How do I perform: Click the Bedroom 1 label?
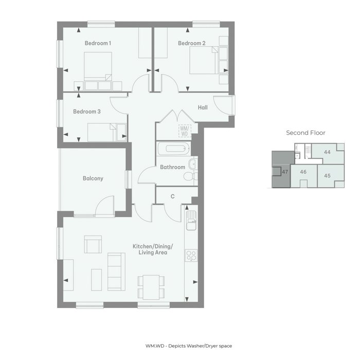click(x=98, y=43)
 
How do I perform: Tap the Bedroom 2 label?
click(x=192, y=43)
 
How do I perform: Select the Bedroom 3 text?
click(x=87, y=112)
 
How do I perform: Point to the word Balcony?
click(x=93, y=178)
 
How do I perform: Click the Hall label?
click(x=203, y=107)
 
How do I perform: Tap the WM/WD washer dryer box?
click(x=185, y=131)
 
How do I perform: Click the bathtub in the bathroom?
click(x=174, y=149)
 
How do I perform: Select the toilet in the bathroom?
click(x=191, y=176)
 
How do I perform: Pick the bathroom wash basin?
click(x=193, y=164)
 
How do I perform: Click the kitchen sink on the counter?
click(x=191, y=221)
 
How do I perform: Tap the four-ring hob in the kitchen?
click(x=191, y=256)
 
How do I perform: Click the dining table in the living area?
click(x=151, y=287)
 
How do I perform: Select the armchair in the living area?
click(x=93, y=244)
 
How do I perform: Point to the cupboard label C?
click(x=173, y=196)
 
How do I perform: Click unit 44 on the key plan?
click(x=327, y=152)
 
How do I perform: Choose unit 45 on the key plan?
click(x=327, y=176)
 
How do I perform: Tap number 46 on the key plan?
click(x=303, y=172)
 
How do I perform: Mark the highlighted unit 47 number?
click(x=285, y=172)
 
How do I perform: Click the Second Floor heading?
click(x=305, y=133)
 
